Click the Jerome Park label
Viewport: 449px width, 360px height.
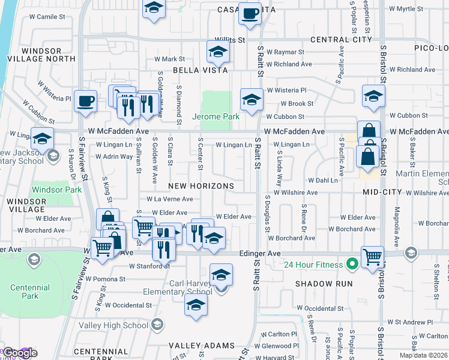(x=215, y=116)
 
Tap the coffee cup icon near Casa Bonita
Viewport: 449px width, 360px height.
(x=250, y=13)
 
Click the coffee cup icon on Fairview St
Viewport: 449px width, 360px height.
(x=85, y=100)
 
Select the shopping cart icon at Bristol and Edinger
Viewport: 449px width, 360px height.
(x=372, y=256)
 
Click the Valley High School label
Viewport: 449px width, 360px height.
(x=113, y=325)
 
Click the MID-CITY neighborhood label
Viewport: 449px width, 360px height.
(x=382, y=191)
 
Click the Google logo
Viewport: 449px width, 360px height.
(x=20, y=353)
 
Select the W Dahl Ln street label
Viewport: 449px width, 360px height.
(x=323, y=180)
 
